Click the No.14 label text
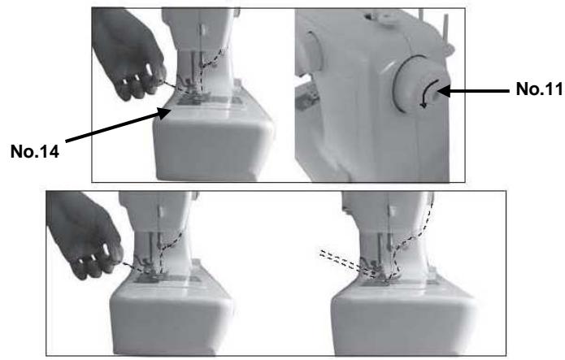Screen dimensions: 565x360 [x=35, y=151]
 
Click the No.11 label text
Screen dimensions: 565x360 [x=539, y=89]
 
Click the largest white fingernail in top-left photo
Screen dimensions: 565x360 [x=149, y=70]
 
